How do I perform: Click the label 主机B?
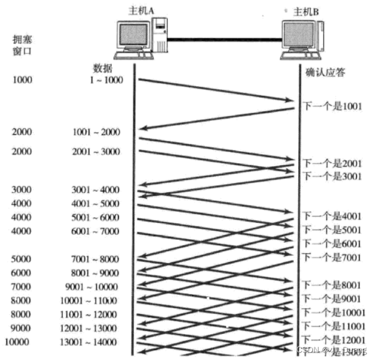tap(306, 11)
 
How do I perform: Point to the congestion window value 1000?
tap(22, 80)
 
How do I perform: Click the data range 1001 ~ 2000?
tap(97, 133)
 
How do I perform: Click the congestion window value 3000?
tap(22, 189)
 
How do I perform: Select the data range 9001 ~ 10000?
tap(94, 287)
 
